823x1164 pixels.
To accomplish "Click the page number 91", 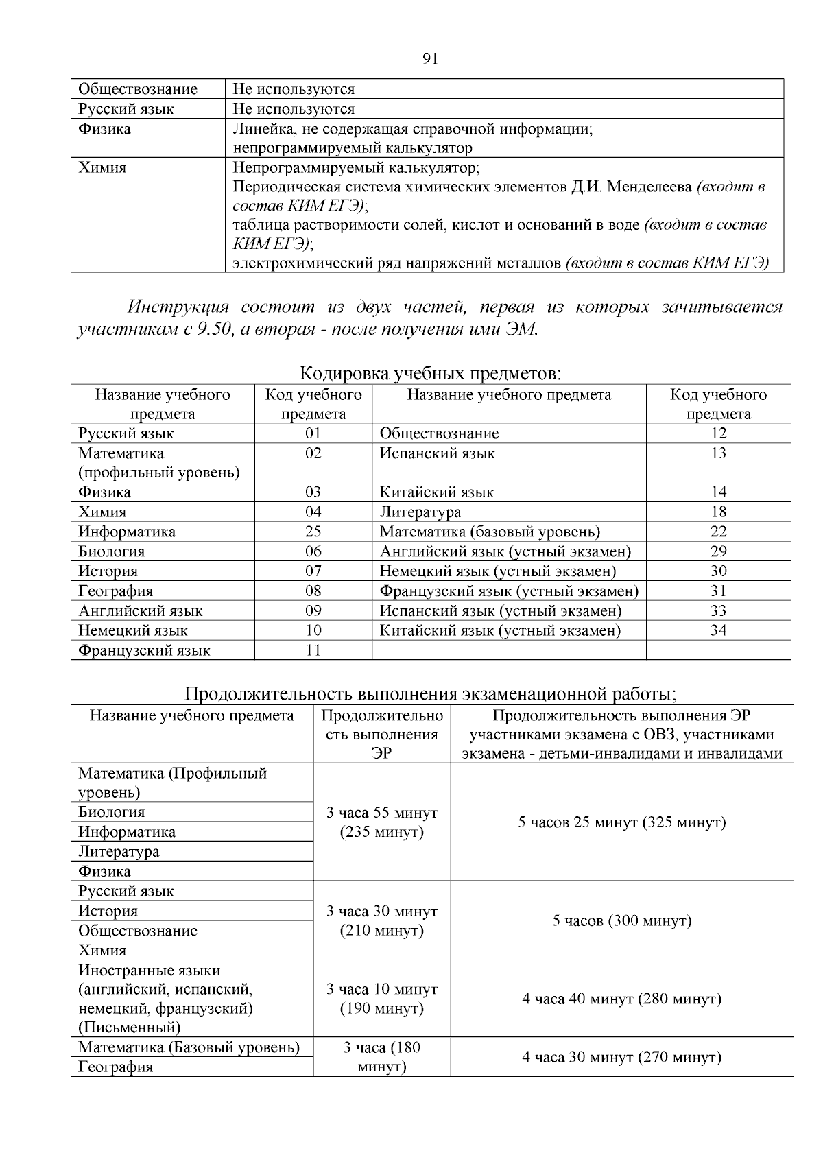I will [x=430, y=58].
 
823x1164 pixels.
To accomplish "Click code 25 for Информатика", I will [x=313, y=532].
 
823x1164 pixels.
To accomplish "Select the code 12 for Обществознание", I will [x=718, y=433].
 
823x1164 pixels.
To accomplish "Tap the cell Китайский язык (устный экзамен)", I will [x=500, y=630].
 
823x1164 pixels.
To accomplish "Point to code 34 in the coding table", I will [x=718, y=630].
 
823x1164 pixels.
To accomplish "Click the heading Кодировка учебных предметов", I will [x=431, y=374].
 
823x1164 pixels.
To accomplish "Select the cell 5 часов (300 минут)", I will [x=621, y=920].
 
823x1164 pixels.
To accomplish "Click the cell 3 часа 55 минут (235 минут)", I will [x=381, y=822].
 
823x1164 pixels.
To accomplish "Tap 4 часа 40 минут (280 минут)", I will [x=621, y=999].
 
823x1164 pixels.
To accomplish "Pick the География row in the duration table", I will [x=116, y=1067].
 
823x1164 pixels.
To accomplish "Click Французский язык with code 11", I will [x=144, y=650].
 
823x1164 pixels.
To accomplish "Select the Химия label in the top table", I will [x=102, y=168].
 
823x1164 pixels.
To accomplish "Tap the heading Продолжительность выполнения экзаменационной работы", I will [x=431, y=694].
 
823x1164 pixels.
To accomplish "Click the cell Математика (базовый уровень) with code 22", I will [x=490, y=532].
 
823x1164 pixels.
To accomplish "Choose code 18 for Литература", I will [x=718, y=512].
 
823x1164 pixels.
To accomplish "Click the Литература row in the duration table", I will [x=119, y=851].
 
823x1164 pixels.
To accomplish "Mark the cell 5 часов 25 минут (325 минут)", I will [x=621, y=822].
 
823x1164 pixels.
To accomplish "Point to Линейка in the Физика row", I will [x=257, y=129].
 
